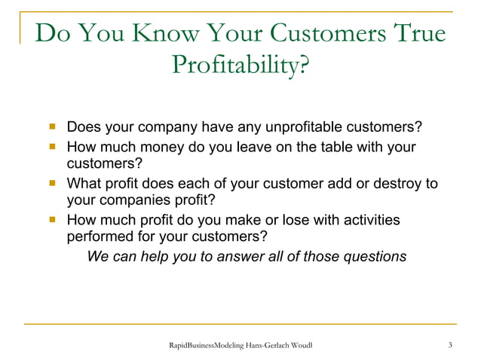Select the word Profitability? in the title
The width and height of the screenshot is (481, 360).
pos(240,70)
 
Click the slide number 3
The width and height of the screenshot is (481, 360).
pos(450,345)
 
